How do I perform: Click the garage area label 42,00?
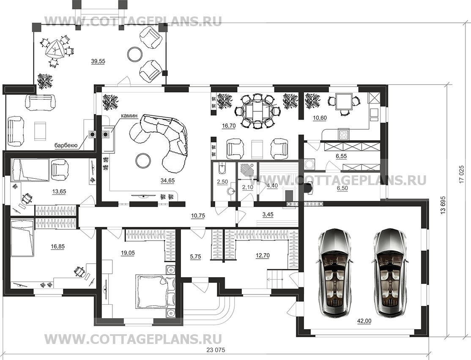364,321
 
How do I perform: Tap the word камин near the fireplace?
129,116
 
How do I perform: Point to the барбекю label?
66,146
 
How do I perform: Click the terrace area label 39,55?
98,61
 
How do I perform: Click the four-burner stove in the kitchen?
344,134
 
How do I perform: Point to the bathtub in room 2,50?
222,170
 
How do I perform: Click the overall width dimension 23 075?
216,350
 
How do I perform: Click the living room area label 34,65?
167,180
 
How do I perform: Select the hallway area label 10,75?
197,215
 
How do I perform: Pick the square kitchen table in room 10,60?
343,102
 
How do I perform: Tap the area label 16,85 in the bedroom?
58,246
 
